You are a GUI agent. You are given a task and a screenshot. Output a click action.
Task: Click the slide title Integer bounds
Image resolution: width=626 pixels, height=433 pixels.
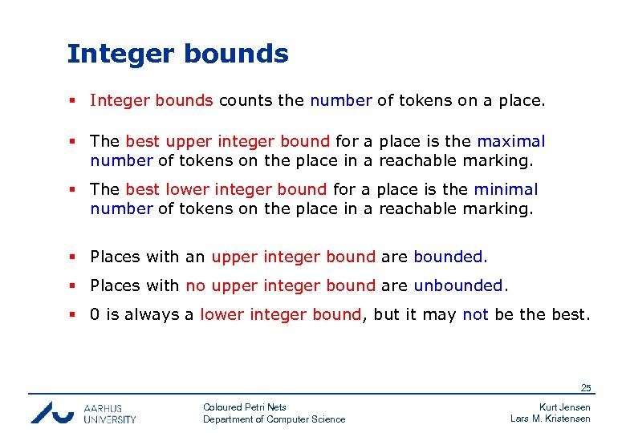click(177, 54)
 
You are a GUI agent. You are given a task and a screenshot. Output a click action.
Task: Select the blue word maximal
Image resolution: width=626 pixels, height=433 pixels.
click(510, 142)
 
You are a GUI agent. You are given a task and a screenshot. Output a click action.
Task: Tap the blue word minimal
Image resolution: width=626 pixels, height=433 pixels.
click(506, 190)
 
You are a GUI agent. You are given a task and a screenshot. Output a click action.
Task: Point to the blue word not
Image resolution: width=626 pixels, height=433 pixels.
click(475, 315)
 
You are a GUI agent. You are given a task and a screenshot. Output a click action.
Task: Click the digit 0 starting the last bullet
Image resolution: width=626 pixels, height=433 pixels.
click(95, 315)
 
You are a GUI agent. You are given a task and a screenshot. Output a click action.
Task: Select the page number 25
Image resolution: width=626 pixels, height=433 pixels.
click(586, 388)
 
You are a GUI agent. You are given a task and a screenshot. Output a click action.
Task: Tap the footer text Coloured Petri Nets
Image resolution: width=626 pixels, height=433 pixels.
click(244, 407)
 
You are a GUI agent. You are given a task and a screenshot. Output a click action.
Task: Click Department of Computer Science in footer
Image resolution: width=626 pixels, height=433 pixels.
click(274, 419)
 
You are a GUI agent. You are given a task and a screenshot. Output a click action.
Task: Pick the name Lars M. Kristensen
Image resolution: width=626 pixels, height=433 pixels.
click(551, 419)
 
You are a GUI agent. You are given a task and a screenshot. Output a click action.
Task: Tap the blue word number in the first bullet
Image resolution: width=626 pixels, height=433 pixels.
click(340, 101)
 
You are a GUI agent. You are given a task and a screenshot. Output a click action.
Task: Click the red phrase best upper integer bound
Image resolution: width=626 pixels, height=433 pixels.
click(227, 142)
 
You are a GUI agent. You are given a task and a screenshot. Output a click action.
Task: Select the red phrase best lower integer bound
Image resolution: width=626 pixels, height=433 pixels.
click(226, 190)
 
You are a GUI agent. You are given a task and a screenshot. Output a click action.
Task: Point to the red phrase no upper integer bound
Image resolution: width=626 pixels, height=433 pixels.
click(280, 286)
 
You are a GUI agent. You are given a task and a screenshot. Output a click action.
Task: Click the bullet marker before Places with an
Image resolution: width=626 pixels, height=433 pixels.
click(72, 257)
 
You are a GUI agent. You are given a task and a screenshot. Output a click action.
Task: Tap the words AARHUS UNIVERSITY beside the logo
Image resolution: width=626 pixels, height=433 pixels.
click(109, 413)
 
